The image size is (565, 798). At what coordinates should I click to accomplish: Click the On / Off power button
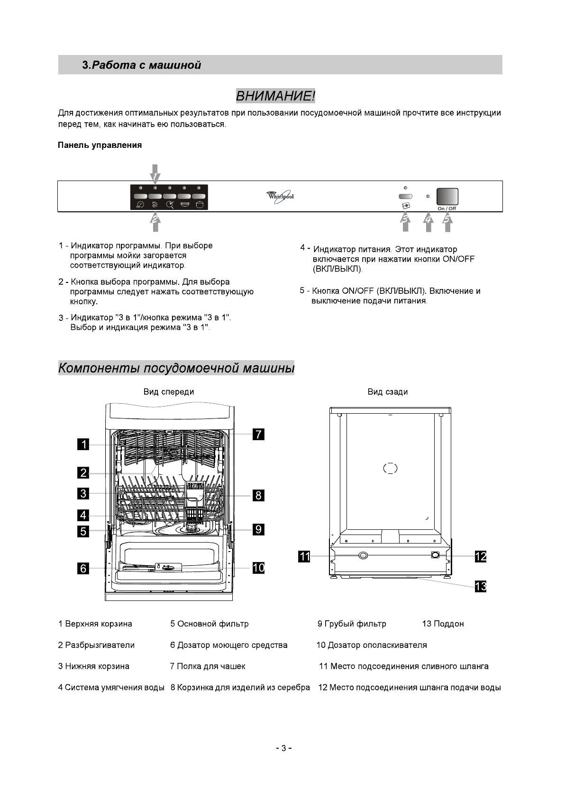click(447, 196)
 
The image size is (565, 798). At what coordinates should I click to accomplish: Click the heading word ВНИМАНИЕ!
click(275, 96)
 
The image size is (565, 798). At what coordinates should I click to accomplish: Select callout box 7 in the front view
click(258, 434)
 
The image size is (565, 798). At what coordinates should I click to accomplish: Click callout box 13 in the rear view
click(481, 587)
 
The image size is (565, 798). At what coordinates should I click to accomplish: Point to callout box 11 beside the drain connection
click(304, 556)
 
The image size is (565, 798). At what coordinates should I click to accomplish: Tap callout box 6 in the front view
click(83, 568)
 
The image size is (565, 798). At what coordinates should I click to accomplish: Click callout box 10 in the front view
click(258, 567)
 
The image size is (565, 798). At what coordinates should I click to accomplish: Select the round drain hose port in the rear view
click(363, 555)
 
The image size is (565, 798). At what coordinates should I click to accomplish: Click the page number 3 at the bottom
click(283, 748)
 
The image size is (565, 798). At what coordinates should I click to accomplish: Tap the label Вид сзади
click(387, 392)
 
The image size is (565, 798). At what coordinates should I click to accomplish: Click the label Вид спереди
click(169, 392)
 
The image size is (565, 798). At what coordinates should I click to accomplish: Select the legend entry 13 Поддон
click(443, 624)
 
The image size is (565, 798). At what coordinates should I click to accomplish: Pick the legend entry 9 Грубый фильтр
click(352, 624)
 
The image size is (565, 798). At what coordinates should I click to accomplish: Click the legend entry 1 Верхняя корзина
click(95, 624)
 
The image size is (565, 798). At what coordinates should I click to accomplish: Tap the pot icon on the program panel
click(200, 205)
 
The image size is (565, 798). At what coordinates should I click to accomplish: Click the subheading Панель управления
click(100, 145)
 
